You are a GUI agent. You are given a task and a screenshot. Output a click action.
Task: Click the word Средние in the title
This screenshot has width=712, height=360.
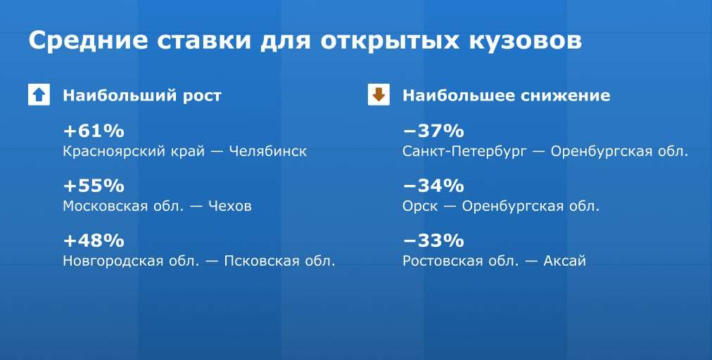tap(88, 41)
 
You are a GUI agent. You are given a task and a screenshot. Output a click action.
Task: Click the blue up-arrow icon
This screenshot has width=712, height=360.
tap(39, 95)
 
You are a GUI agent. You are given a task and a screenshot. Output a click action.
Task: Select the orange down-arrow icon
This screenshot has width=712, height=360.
tap(379, 95)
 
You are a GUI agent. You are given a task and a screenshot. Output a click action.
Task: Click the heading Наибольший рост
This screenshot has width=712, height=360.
tap(142, 96)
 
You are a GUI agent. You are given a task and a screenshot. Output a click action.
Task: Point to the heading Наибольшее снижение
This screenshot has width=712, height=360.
tap(507, 96)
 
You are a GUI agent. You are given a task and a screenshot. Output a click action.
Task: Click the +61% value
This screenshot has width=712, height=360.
tap(94, 131)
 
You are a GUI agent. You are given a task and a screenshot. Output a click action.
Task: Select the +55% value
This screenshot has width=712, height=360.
tap(94, 186)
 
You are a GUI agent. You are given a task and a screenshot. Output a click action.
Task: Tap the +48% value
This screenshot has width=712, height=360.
tap(94, 240)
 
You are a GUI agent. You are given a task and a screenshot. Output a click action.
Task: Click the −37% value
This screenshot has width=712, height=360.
tap(433, 131)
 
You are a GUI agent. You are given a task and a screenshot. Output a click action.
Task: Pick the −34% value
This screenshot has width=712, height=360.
tap(433, 186)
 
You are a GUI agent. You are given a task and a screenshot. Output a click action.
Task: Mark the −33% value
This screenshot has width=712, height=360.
tap(433, 240)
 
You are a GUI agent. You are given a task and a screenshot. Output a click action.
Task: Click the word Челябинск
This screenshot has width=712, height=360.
tap(268, 151)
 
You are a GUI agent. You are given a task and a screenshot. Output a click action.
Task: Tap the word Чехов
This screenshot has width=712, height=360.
tap(230, 206)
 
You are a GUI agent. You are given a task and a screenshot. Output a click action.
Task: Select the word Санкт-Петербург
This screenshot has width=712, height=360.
tap(464, 152)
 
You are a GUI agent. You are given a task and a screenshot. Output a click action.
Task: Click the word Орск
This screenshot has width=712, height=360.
tap(420, 207)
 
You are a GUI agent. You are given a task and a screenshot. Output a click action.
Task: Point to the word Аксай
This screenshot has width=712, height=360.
tap(564, 261)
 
